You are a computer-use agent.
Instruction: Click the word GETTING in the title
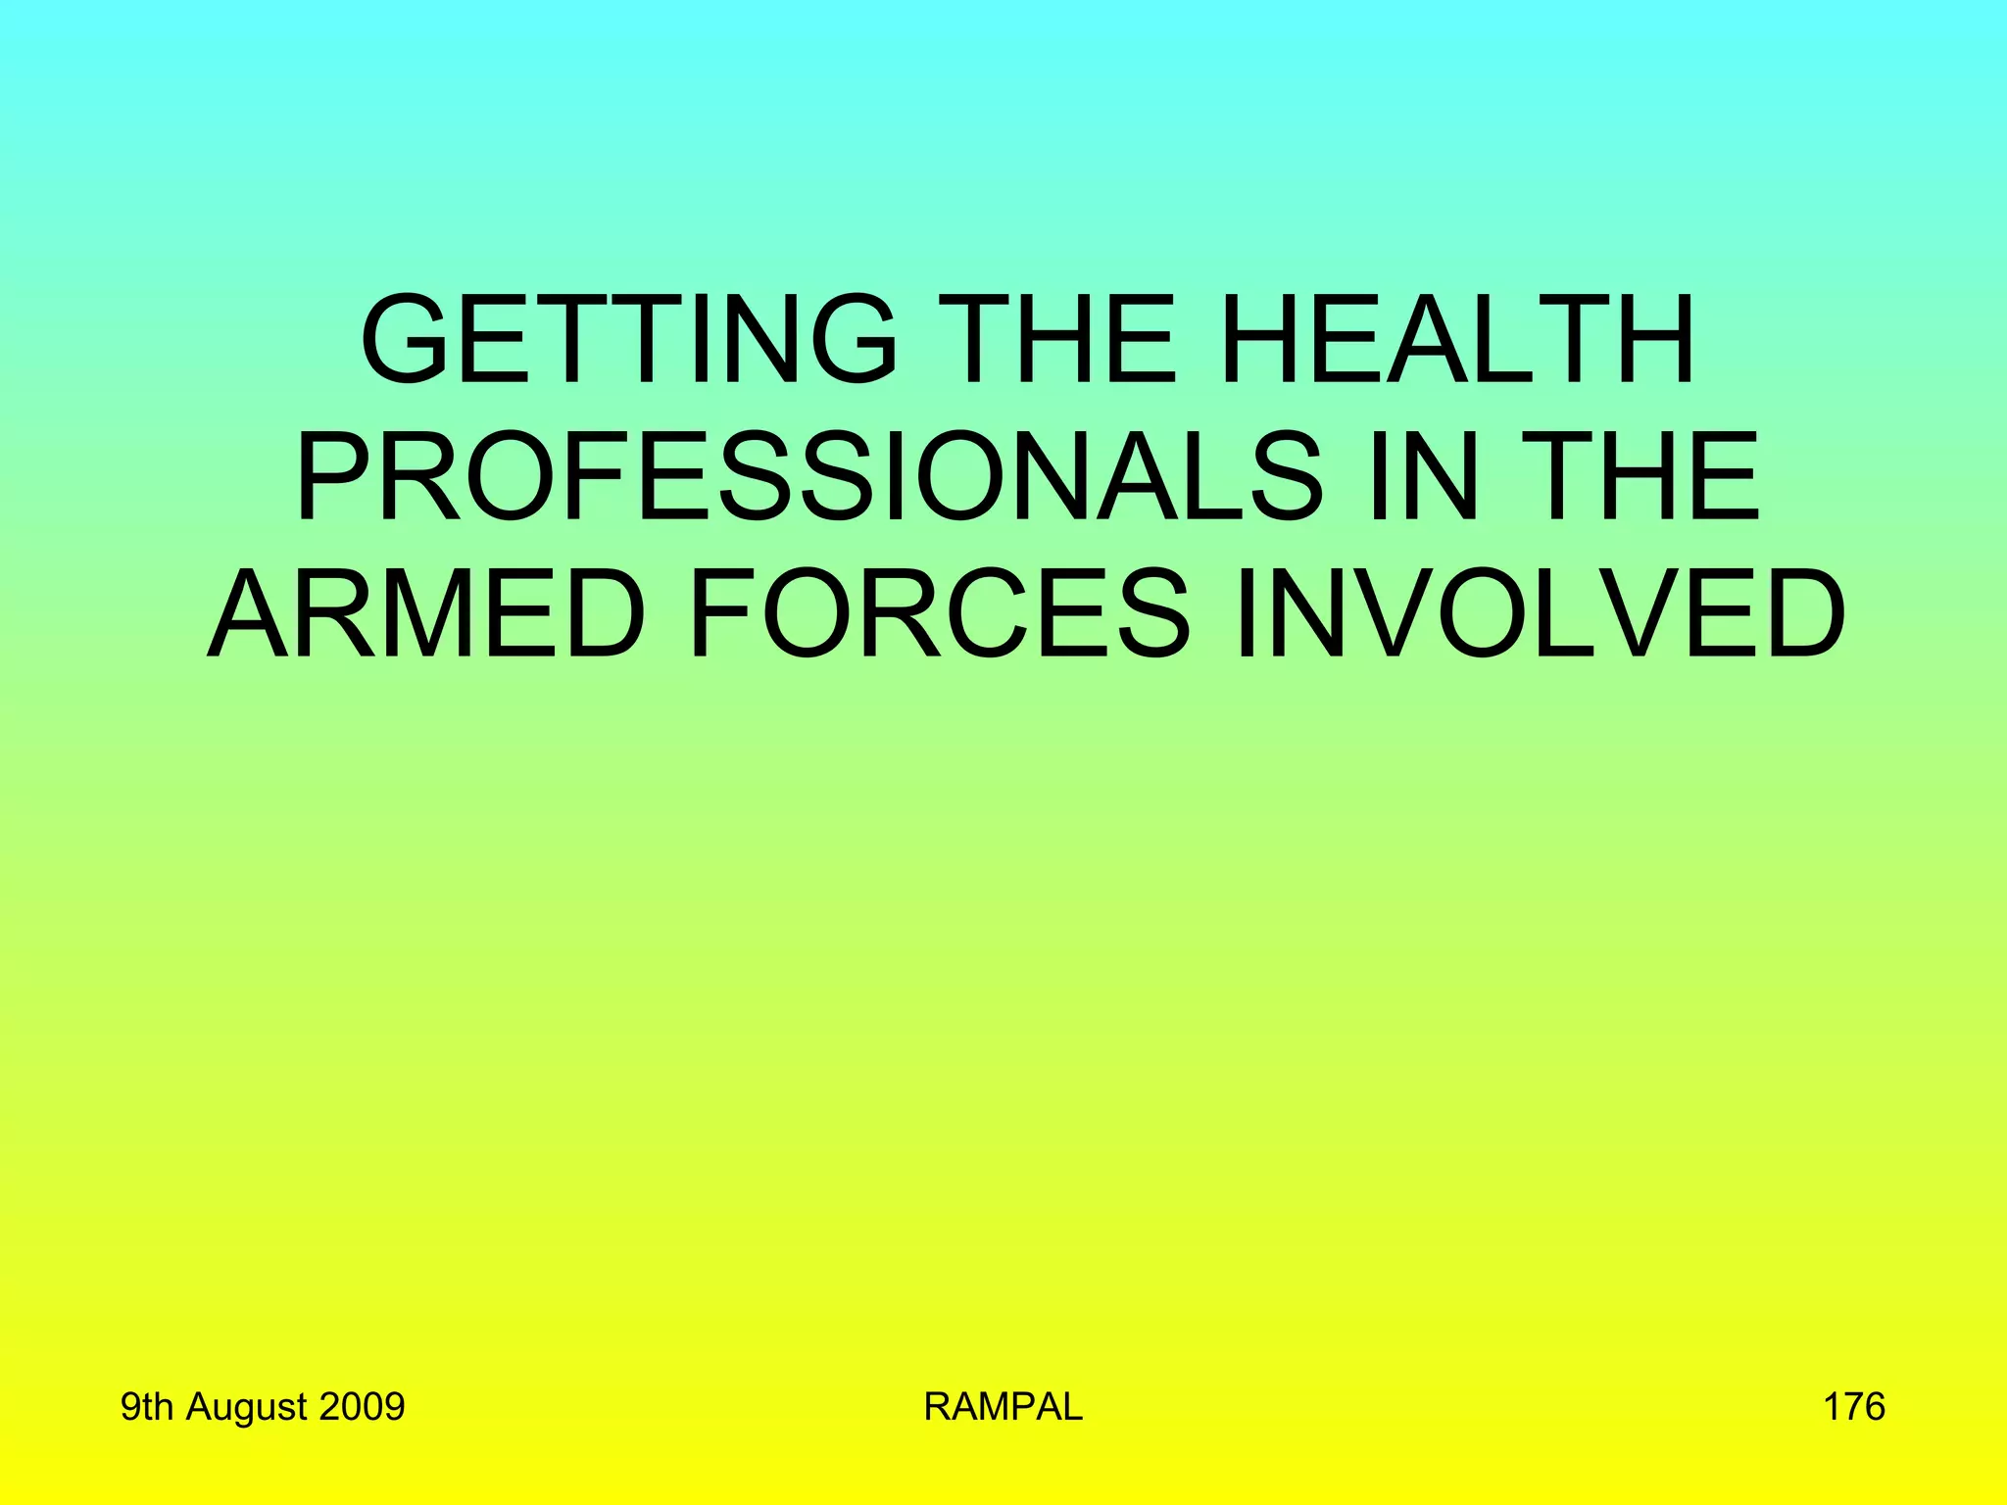click(628, 340)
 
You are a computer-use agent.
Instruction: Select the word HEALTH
click(1457, 340)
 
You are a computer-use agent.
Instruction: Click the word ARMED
click(427, 615)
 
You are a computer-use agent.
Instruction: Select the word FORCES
click(939, 615)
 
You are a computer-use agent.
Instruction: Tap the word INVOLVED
click(1540, 615)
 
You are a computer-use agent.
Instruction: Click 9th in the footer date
click(146, 1407)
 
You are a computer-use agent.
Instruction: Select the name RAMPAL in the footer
click(1003, 1407)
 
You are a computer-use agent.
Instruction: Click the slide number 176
click(1853, 1407)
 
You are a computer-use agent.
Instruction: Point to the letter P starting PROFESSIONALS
click(330, 478)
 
